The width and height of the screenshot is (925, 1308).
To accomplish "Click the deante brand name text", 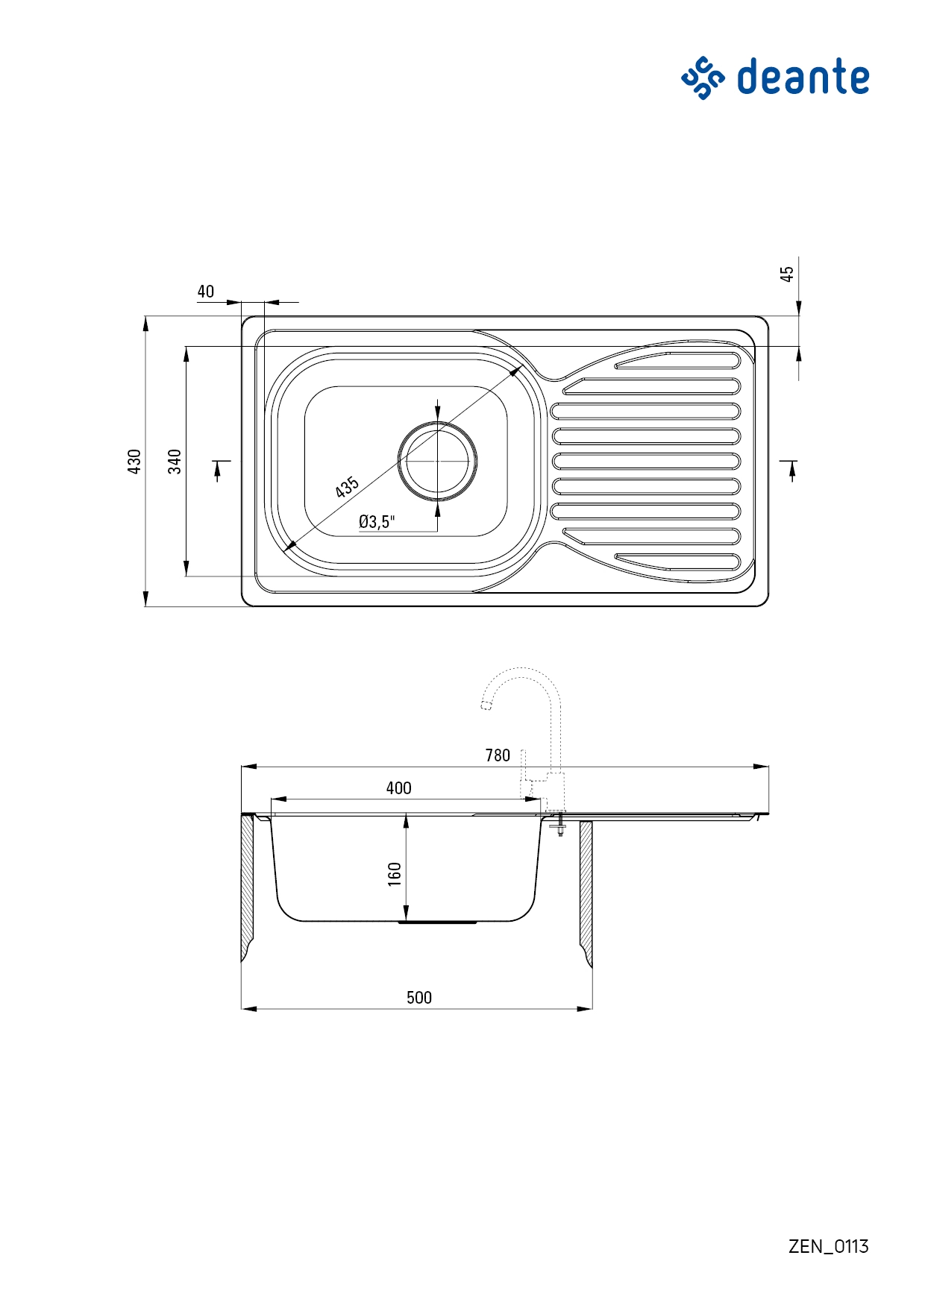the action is (803, 77).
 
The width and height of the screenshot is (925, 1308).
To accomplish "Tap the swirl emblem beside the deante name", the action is (703, 78).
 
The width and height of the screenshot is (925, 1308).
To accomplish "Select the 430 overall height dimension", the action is (134, 462).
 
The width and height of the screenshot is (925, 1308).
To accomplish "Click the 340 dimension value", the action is (175, 462).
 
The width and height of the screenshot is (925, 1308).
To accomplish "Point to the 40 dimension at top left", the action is (205, 292).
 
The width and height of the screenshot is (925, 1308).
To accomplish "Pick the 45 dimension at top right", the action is (787, 274).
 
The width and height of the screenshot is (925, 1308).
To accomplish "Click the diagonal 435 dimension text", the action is (347, 487).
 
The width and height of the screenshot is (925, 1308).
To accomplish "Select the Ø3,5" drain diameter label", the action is (377, 522).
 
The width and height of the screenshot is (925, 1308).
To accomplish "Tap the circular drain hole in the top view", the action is (438, 461).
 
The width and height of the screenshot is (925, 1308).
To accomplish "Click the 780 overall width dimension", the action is (498, 755).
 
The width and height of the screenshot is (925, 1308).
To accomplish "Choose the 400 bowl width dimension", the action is (399, 788).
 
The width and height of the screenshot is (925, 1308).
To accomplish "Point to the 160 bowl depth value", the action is (395, 874).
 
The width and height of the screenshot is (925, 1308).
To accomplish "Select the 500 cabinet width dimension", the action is (419, 998).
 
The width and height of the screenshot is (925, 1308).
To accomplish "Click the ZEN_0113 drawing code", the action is (829, 1246).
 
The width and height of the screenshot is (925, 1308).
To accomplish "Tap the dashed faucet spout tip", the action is (486, 705).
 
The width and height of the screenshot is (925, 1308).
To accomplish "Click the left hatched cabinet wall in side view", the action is (247, 887).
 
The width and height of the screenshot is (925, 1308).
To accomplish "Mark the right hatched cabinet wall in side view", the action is (586, 895).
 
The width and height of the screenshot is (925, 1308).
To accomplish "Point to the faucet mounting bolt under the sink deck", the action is (559, 826).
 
